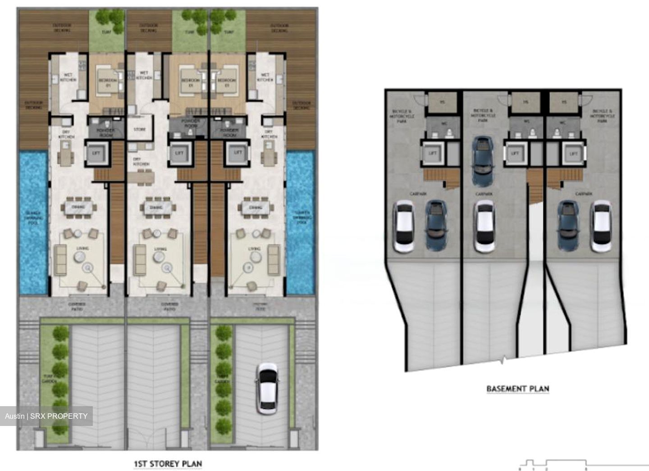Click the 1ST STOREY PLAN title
[168, 463]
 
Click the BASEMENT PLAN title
[518, 389]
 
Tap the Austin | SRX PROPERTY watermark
[46, 416]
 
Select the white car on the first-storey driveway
[266, 389]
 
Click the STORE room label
[140, 130]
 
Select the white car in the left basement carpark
[404, 226]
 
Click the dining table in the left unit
[81, 208]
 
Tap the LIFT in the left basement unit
[433, 154]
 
